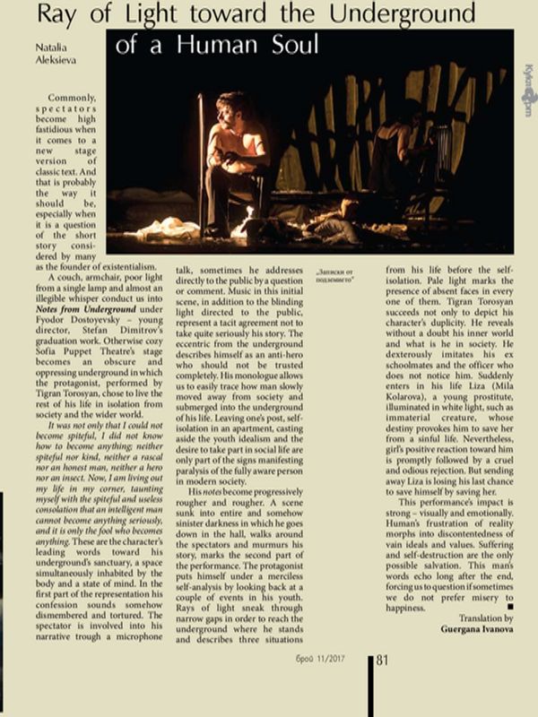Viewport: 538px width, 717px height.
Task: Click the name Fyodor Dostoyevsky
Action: (x=66, y=344)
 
